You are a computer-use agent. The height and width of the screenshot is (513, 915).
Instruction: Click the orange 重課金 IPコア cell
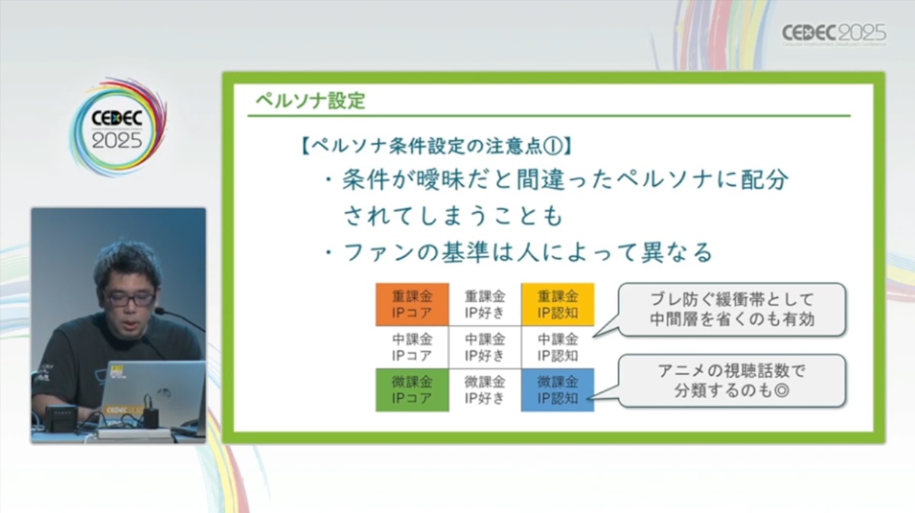pyautogui.click(x=412, y=304)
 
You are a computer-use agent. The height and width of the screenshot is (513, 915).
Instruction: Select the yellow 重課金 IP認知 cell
pyautogui.click(x=557, y=304)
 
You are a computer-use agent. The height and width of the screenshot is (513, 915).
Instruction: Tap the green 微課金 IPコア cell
pyautogui.click(x=412, y=390)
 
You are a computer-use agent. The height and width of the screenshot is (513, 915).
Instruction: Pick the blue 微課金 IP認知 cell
pyautogui.click(x=557, y=390)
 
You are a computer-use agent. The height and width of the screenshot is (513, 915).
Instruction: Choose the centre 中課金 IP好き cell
pyautogui.click(x=484, y=347)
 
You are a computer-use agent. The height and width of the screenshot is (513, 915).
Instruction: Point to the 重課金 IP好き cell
pyautogui.click(x=484, y=304)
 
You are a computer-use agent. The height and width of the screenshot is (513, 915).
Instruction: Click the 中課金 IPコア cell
pyautogui.click(x=412, y=347)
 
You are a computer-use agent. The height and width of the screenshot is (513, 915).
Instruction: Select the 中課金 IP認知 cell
pyautogui.click(x=557, y=347)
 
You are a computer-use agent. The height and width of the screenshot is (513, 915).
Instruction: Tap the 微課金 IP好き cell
pyautogui.click(x=484, y=390)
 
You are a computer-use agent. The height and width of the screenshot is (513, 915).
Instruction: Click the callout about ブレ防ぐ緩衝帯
pyautogui.click(x=732, y=309)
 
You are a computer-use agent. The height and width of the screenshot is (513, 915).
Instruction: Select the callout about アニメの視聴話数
pyautogui.click(x=732, y=380)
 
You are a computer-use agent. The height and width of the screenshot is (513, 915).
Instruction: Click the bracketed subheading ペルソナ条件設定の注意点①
pyautogui.click(x=436, y=146)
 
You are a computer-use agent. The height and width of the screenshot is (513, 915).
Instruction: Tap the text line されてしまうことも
pyautogui.click(x=453, y=216)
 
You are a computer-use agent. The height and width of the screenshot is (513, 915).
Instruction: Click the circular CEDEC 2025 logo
pyautogui.click(x=117, y=127)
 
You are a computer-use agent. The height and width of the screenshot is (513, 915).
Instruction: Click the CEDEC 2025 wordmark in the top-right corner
pyautogui.click(x=834, y=34)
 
